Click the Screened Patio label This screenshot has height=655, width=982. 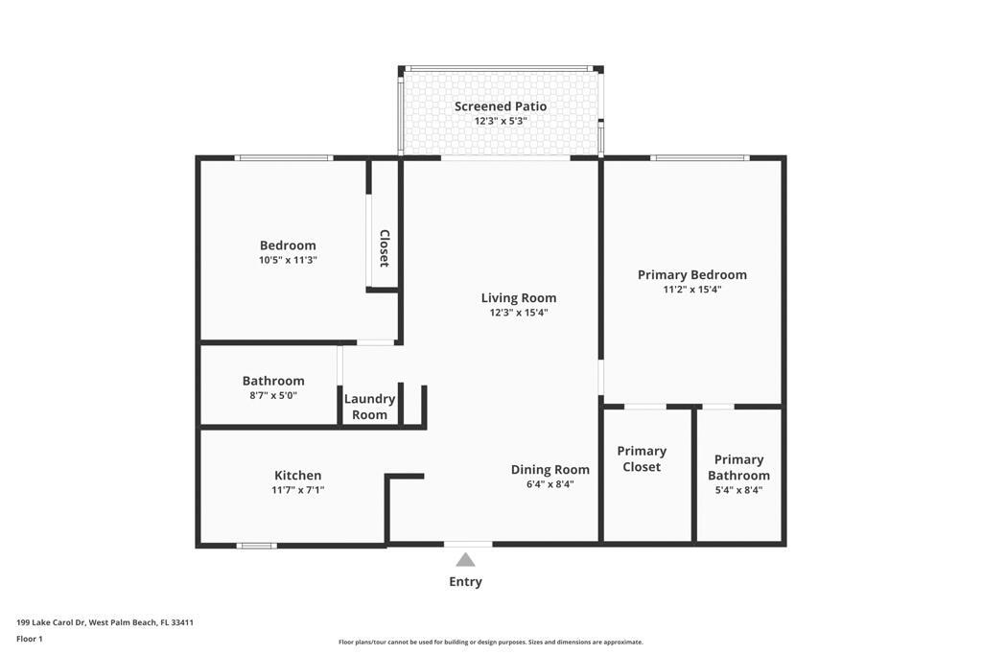(501, 106)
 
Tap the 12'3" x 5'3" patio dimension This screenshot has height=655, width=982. (501, 122)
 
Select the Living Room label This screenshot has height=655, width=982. (518, 298)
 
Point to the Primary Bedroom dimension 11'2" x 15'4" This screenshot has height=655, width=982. (691, 290)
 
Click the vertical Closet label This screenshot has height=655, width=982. (384, 247)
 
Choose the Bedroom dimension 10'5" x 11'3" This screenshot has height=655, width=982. (288, 260)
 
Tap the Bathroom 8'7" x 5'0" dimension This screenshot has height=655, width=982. (273, 395)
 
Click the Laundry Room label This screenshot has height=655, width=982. (369, 407)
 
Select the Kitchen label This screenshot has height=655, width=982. (297, 476)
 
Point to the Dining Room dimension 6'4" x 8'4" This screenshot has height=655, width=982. (549, 484)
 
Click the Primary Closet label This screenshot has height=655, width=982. (642, 458)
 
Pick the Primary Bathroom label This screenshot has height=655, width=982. (738, 467)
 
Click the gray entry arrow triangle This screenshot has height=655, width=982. (465, 560)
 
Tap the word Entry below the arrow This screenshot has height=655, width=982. (465, 581)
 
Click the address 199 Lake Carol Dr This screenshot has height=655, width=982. (105, 622)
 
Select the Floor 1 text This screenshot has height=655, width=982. (30, 639)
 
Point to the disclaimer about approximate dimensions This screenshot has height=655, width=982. (490, 643)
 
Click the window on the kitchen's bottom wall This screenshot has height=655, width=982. (256, 546)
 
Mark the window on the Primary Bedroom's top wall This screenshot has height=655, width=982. (698, 157)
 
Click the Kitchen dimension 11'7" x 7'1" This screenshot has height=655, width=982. (297, 490)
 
